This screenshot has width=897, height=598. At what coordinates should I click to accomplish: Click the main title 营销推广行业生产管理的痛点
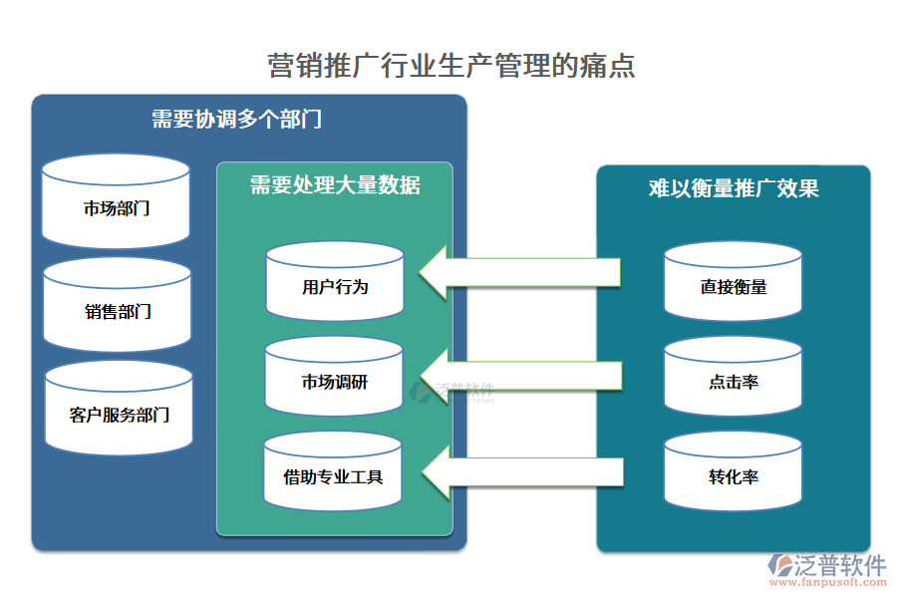point(451,67)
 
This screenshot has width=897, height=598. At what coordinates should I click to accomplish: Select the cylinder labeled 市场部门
point(117,207)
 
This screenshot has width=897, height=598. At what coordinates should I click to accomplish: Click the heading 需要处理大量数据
point(335,185)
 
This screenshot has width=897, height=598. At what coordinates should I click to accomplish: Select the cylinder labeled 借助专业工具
point(334,476)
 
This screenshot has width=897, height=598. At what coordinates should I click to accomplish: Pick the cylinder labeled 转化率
point(734,476)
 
